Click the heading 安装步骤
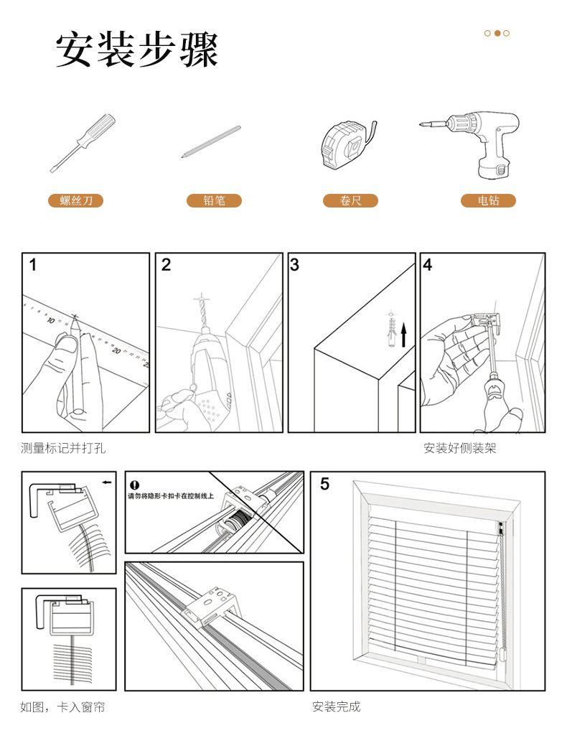pos(136,50)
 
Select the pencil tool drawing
pos(211,141)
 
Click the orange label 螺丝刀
pos(76,201)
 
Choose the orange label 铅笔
pos(214,201)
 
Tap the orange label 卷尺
pos(350,201)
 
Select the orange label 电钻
pos(488,201)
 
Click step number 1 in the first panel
pos(33,265)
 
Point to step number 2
pos(167,265)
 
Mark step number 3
pos(295,265)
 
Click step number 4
pos(428,265)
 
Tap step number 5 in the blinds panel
pos(325,485)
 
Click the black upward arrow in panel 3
pos(404,335)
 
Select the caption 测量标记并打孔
pos(63,449)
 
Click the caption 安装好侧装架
pos(460,449)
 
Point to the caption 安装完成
pos(336,707)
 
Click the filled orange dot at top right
pos(497,33)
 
